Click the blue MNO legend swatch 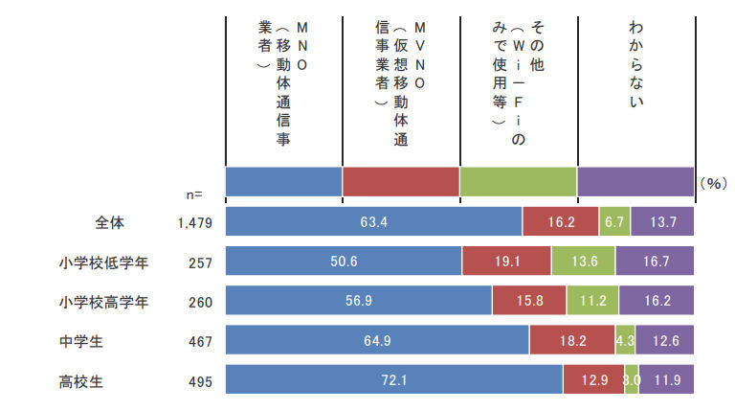pos(283,181)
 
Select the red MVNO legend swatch pos(401,181)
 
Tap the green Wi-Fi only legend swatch pos(518,181)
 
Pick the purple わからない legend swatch pos(635,181)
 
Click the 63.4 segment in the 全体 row pos(373,222)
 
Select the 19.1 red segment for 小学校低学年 pos(506,262)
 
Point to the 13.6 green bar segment pos(583,262)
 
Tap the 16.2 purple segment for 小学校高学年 pos(657,300)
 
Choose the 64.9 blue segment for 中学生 pos(377,339)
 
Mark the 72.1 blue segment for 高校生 pos(393,378)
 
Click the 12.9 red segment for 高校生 pos(593,378)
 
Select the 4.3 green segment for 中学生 pos(625,339)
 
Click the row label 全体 pos(110,222)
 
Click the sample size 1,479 pos(194,222)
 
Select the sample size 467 pos(200,339)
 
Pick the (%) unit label pos(714,182)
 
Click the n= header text pos(192,194)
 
